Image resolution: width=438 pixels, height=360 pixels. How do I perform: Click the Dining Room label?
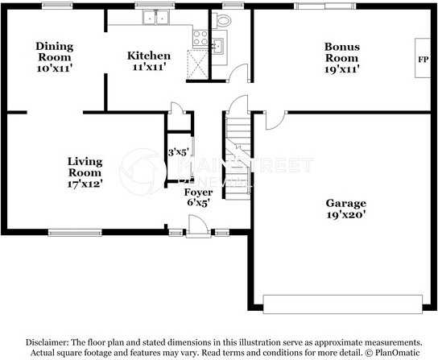(x=54, y=57)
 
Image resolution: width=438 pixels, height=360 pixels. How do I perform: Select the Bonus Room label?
(x=341, y=57)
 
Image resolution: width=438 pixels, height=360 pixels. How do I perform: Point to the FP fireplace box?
(x=423, y=60)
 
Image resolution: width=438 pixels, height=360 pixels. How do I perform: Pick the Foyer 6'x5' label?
(x=198, y=197)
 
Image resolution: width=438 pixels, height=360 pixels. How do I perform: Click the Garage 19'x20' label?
(x=345, y=209)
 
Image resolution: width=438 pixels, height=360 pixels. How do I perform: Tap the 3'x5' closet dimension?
(x=177, y=151)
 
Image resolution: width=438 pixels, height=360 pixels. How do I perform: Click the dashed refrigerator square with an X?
(x=197, y=62)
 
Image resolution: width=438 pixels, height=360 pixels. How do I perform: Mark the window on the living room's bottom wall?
(x=74, y=233)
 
